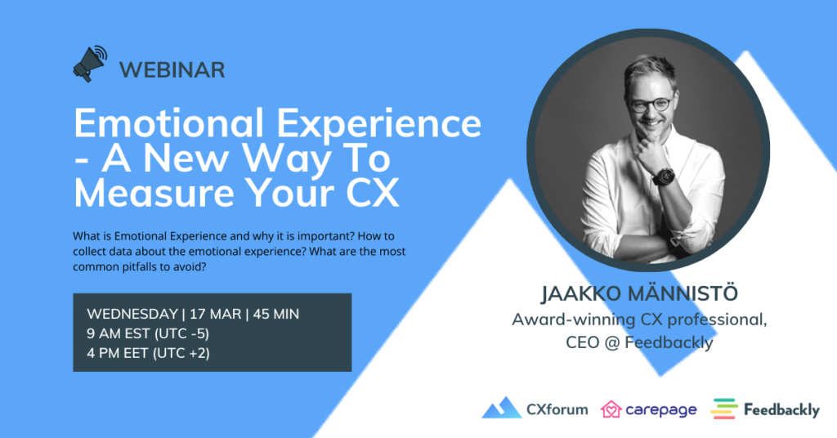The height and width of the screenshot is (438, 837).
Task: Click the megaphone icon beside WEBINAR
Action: pos(90,64)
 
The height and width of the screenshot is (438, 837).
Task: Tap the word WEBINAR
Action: pos(172,70)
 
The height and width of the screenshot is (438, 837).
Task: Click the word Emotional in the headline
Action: pos(168,123)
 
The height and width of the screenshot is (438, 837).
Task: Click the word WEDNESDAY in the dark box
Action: pos(132,314)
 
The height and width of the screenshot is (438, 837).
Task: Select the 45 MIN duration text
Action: pos(276,314)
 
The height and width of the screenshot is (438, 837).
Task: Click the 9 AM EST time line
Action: pos(148,333)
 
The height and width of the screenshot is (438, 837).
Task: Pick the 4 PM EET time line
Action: pos(149,353)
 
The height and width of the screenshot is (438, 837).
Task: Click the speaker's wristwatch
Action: pos(664,176)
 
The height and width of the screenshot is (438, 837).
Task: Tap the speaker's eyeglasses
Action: pos(651,104)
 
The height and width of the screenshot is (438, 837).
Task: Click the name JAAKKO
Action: pos(581,293)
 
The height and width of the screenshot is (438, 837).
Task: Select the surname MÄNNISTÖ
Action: pos(683,293)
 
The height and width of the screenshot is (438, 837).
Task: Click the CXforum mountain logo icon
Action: pos(502,408)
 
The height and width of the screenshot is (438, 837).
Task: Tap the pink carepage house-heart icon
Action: pos(611,409)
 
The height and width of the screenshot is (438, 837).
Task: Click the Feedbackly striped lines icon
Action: pos(724,409)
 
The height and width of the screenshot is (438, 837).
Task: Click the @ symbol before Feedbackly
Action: pos(613,342)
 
